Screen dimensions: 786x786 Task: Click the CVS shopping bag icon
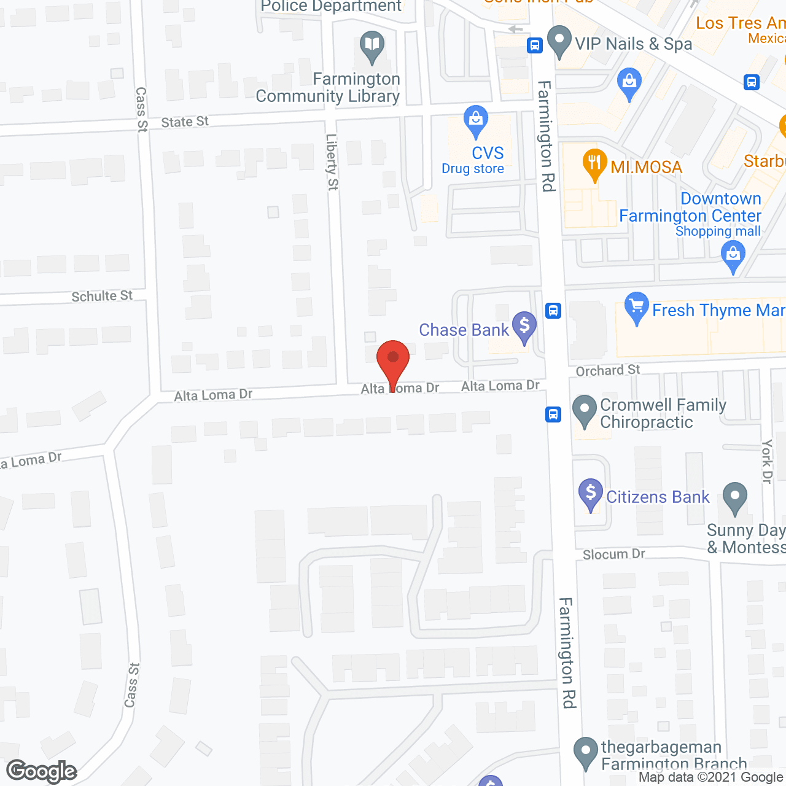pyautogui.click(x=476, y=120)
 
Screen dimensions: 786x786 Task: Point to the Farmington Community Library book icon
pyautogui.click(x=372, y=45)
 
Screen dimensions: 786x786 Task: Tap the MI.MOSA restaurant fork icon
pyautogui.click(x=594, y=163)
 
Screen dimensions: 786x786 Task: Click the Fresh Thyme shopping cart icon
pyautogui.click(x=636, y=306)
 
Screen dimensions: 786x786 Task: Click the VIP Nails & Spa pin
pyautogui.click(x=559, y=40)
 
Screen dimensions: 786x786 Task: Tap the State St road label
pyautogui.click(x=185, y=122)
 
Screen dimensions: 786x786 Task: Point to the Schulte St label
pyautogui.click(x=102, y=297)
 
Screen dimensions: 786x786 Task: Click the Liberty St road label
pyautogui.click(x=332, y=162)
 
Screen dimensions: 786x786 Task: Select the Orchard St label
pyautogui.click(x=607, y=370)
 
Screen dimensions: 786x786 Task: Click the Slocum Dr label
pyautogui.click(x=613, y=554)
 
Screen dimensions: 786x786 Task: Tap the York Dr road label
pyautogui.click(x=767, y=461)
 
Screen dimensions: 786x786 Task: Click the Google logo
pyautogui.click(x=42, y=771)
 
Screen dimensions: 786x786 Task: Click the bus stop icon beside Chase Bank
pyautogui.click(x=553, y=310)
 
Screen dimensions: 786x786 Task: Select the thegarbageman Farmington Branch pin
pyautogui.click(x=585, y=752)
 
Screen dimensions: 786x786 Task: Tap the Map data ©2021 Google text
pyautogui.click(x=711, y=777)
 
